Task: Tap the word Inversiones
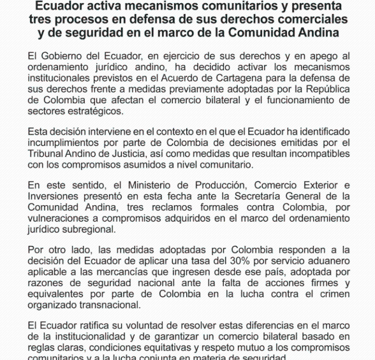click(55, 196)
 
